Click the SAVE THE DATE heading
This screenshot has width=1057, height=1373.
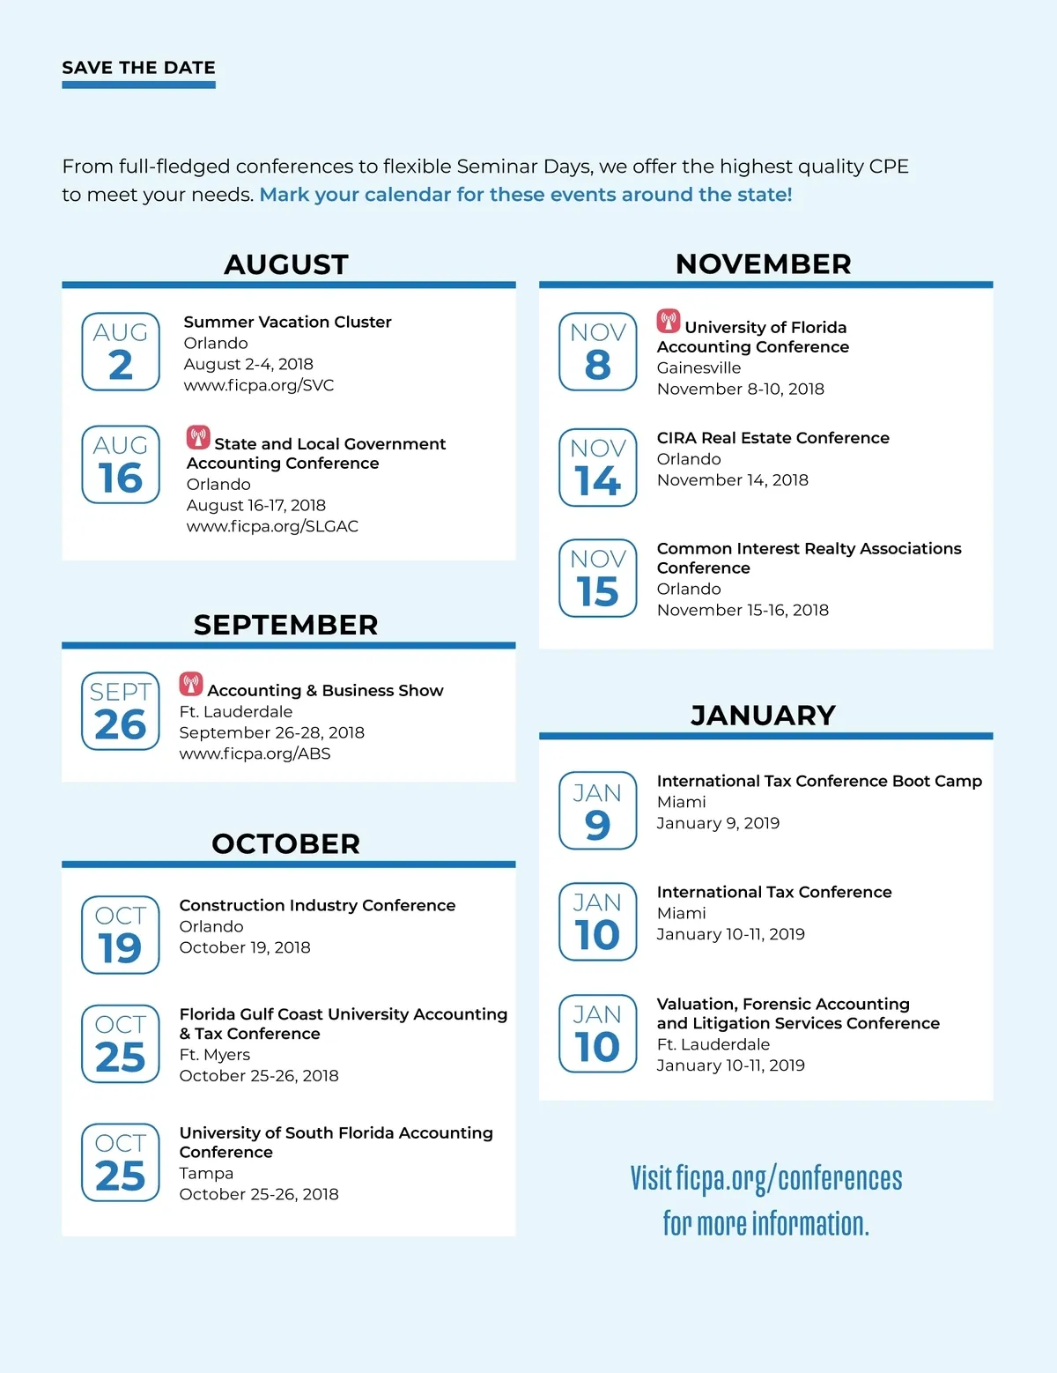[x=138, y=68]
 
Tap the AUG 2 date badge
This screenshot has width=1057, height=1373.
[x=121, y=352]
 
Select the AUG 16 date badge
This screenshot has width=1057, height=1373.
[x=121, y=464]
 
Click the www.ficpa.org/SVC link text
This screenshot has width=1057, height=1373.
[x=258, y=385]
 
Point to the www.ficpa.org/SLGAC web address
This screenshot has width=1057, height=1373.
[x=272, y=526]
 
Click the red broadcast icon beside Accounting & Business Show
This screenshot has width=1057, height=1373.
[x=191, y=684]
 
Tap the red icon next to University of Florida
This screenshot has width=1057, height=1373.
[x=669, y=321]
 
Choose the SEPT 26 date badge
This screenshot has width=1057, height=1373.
[x=121, y=711]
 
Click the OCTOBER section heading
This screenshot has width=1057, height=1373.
[x=286, y=843]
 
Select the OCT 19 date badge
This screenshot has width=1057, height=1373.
[x=121, y=935]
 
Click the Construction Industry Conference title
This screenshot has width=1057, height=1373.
[x=317, y=905]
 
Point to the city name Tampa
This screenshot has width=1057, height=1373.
[x=206, y=1173]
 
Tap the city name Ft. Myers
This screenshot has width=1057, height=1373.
[x=214, y=1055]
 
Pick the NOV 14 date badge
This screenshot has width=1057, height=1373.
[x=598, y=467]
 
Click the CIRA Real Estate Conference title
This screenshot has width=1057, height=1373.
[x=772, y=438]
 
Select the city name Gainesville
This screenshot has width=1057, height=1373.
[x=699, y=367]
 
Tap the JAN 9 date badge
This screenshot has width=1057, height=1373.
[x=598, y=811]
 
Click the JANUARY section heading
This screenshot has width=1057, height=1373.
[x=763, y=715]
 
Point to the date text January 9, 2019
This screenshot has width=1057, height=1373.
[x=718, y=823]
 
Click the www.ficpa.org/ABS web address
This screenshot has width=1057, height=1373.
[x=255, y=753]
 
